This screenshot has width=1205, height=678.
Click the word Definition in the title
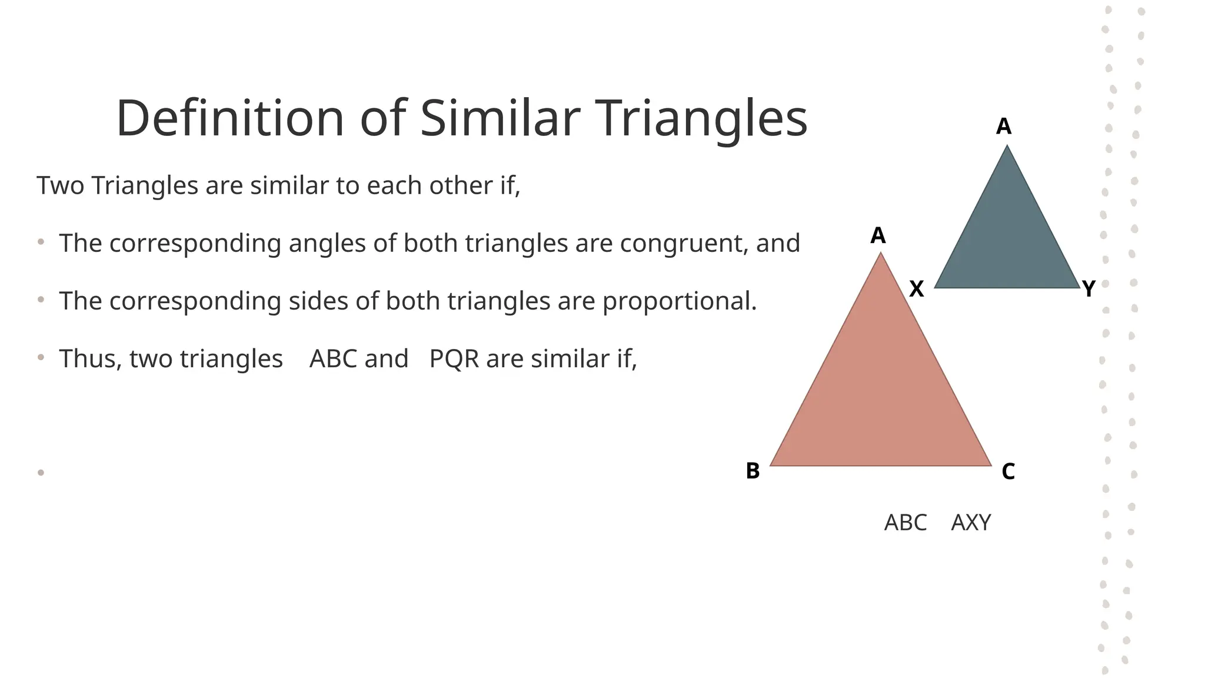229,118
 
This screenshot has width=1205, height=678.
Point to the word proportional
679,301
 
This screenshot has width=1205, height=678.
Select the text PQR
454,359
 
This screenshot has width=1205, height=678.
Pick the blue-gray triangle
1007,235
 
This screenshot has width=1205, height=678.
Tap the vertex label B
753,471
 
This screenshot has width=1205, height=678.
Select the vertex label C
1008,471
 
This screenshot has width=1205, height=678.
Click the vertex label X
916,289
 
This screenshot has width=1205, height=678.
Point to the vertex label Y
1089,289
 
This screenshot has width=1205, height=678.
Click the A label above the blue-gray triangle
1003,127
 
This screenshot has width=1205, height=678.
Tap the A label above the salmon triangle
878,235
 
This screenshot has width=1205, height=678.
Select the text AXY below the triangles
971,523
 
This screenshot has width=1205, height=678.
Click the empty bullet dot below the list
41,472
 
